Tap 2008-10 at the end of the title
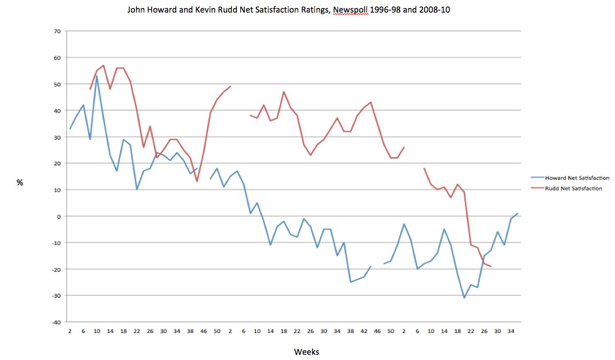point(434,10)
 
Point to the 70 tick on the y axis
point(57,31)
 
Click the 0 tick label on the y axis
point(58,216)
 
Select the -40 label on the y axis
point(55,322)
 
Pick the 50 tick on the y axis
point(57,84)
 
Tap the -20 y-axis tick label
point(55,269)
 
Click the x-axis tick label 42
point(364,331)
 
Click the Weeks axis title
point(307,351)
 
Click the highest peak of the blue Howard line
point(97,76)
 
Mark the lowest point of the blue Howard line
point(464,298)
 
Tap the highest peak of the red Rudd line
point(104,65)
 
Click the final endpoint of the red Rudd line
point(491,267)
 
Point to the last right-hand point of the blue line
point(517,213)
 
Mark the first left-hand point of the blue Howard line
point(70,129)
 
